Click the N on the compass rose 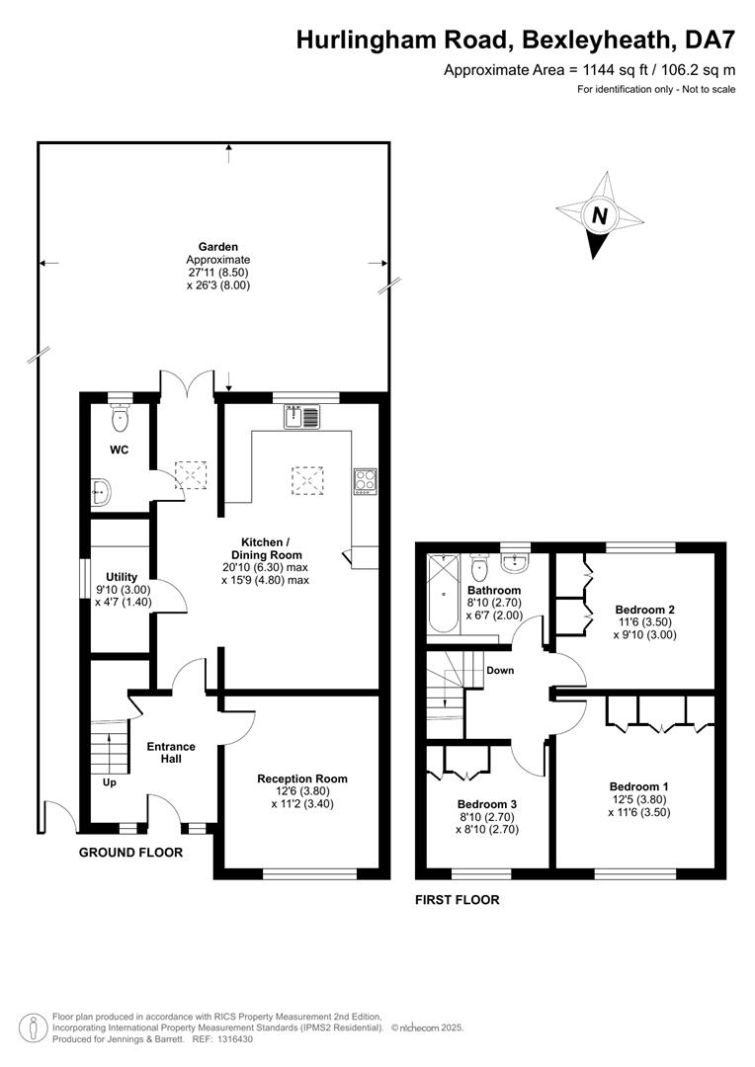600,215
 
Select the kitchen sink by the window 302,417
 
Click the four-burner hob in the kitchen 365,481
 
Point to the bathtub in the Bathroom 444,594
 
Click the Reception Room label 302,779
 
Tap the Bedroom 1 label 639,786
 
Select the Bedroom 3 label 487,804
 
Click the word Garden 217,247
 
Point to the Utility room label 122,577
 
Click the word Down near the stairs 500,670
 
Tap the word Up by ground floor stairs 110,782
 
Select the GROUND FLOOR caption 130,852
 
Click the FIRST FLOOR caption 458,900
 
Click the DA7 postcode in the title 711,41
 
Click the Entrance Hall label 171,753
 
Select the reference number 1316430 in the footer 233,1039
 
